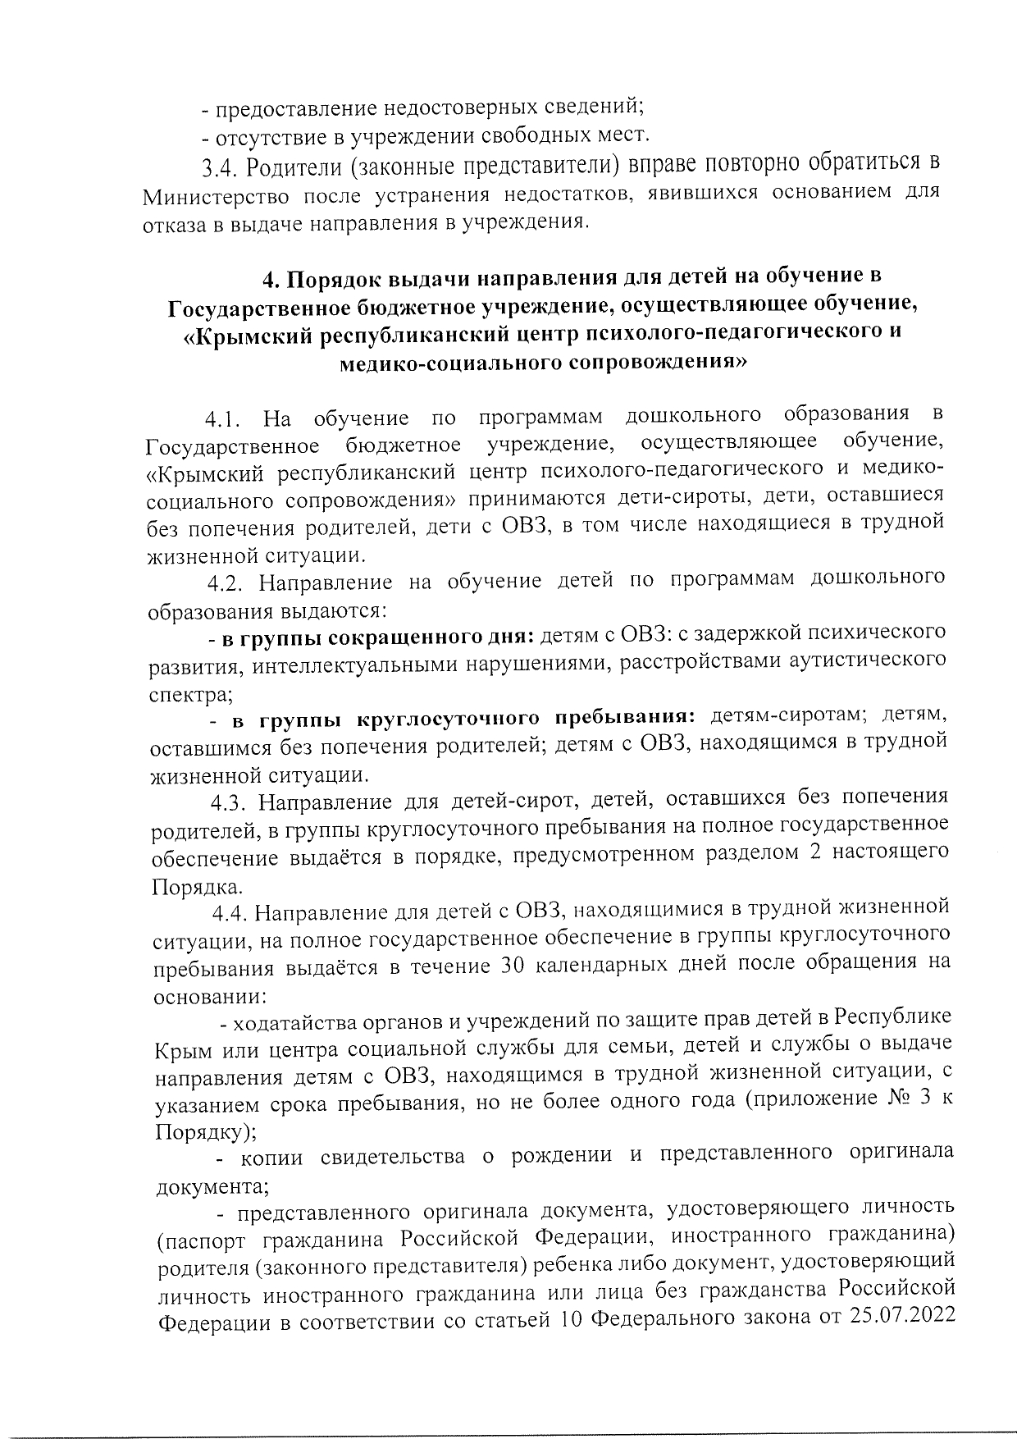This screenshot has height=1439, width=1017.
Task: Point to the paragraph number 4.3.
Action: [x=226, y=798]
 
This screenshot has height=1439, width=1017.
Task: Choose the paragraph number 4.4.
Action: [x=227, y=911]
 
